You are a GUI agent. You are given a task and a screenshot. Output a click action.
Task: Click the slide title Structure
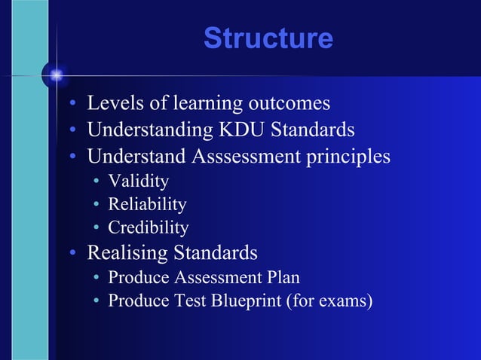(268, 38)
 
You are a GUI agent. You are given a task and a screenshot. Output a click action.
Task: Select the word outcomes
(291, 102)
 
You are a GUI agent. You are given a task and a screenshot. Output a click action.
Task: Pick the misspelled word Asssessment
(246, 157)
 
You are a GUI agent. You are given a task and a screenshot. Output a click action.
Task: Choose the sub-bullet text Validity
(138, 182)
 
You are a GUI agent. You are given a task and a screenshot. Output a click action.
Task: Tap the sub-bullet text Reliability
(147, 204)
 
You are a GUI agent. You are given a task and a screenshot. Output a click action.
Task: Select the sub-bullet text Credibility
(148, 227)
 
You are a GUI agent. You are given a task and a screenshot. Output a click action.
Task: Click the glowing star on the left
(55, 75)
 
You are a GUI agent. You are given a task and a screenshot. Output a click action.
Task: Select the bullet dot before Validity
(96, 182)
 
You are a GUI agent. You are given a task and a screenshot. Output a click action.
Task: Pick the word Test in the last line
(181, 301)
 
